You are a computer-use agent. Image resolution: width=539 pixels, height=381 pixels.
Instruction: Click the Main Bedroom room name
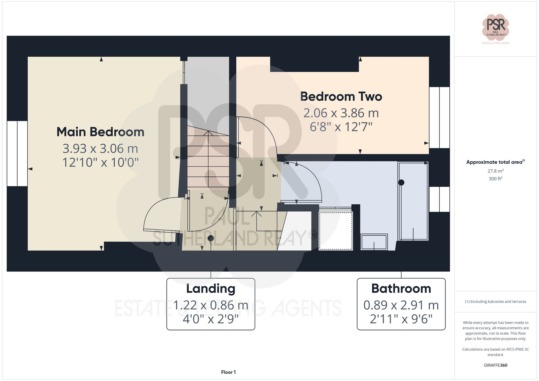pyautogui.click(x=100, y=132)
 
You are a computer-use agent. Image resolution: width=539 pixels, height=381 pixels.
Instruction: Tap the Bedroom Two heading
pyautogui.click(x=341, y=97)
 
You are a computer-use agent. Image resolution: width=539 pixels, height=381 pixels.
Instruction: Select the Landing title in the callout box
pyautogui.click(x=211, y=289)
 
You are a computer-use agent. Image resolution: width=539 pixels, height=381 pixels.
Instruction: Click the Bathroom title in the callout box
pyautogui.click(x=401, y=289)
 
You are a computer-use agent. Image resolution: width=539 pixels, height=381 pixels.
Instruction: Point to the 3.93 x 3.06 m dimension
pyautogui.click(x=100, y=149)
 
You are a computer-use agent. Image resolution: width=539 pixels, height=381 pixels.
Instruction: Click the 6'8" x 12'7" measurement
pyautogui.click(x=341, y=127)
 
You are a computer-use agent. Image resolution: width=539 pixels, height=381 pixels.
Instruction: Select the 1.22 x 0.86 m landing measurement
pyautogui.click(x=211, y=305)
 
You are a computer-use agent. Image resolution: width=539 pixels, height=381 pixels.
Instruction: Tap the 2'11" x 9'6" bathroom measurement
pyautogui.click(x=401, y=319)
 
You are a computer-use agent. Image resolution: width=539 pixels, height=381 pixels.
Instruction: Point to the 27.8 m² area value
pyautogui.click(x=496, y=171)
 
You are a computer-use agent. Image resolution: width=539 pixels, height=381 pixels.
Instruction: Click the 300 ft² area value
pyautogui.click(x=496, y=179)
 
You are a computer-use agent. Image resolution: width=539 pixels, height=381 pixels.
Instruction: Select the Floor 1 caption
pyautogui.click(x=228, y=372)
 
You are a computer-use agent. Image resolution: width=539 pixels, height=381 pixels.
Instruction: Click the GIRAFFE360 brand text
pyautogui.click(x=496, y=365)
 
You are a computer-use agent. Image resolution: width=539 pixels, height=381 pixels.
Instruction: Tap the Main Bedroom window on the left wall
pyautogui.click(x=17, y=153)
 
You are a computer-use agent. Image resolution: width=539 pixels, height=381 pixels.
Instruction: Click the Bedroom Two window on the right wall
pyautogui.click(x=439, y=117)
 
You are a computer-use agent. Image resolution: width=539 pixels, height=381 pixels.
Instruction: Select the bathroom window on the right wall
pyautogui.click(x=439, y=199)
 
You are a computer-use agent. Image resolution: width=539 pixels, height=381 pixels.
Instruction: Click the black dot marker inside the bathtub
pyautogui.click(x=401, y=183)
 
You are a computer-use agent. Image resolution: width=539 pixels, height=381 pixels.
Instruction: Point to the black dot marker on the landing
pyautogui.click(x=211, y=238)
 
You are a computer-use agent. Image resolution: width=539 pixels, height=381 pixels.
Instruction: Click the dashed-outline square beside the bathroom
pyautogui.click(x=336, y=231)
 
